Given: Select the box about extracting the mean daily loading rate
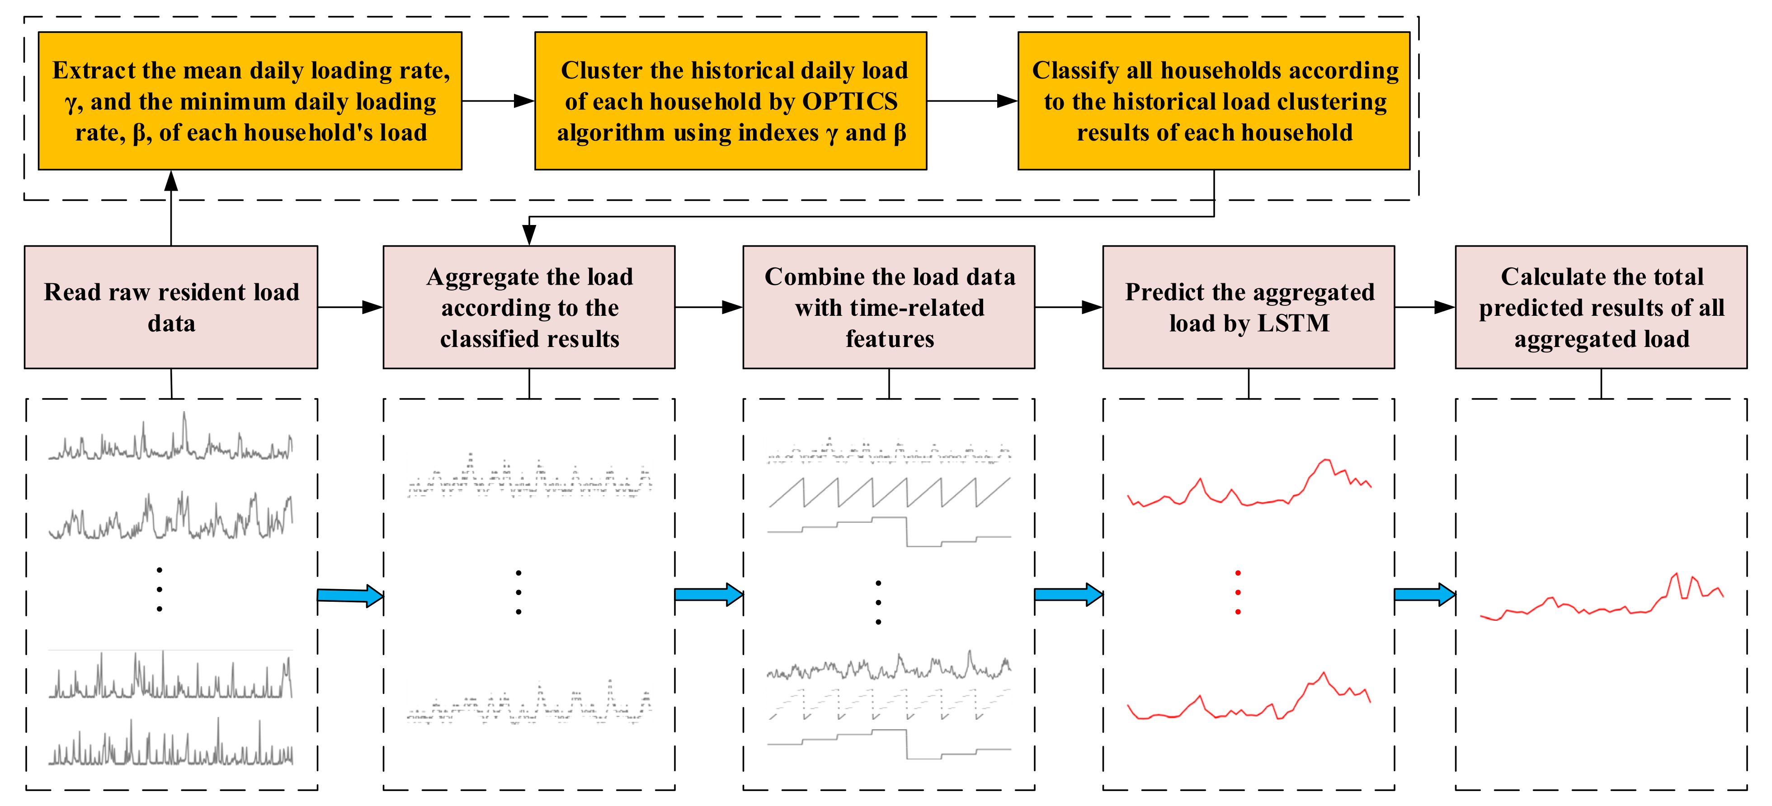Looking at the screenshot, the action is (250, 101).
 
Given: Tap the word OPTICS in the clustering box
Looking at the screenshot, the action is (850, 102).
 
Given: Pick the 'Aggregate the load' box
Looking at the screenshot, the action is (529, 307).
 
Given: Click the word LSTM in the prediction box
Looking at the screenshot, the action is (1293, 323).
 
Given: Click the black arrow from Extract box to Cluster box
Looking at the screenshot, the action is (498, 101).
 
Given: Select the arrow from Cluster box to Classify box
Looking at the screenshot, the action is (972, 101).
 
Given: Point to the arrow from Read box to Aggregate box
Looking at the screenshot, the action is (350, 307).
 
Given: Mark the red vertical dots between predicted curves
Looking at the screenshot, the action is (1238, 592).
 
